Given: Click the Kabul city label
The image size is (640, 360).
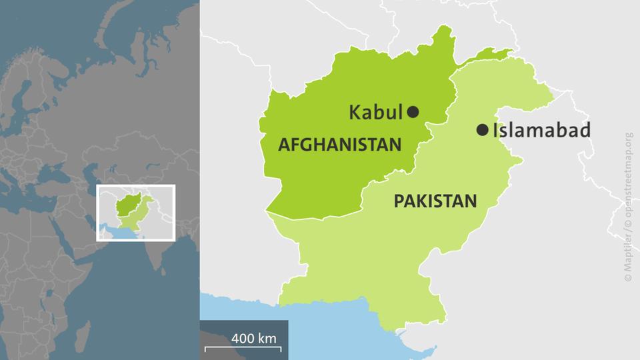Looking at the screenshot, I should coord(376,113).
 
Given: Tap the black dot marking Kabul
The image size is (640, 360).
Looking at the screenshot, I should coord(413,112).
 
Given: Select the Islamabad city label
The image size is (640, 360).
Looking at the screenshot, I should coord(541,130).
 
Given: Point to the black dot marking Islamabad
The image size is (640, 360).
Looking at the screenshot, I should coord(482,130).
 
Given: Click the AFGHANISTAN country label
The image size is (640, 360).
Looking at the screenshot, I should coord(340,144).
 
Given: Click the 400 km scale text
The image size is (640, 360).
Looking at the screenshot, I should coord(254,337).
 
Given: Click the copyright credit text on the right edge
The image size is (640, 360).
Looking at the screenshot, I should coord(629,206).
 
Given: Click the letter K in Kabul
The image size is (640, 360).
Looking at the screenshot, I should coord(354,113).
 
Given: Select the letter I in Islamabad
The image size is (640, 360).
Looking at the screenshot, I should coord(495,130).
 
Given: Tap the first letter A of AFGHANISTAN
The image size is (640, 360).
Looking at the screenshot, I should coord(283,144).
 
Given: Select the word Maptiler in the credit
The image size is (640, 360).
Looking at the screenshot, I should coord(629,257).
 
